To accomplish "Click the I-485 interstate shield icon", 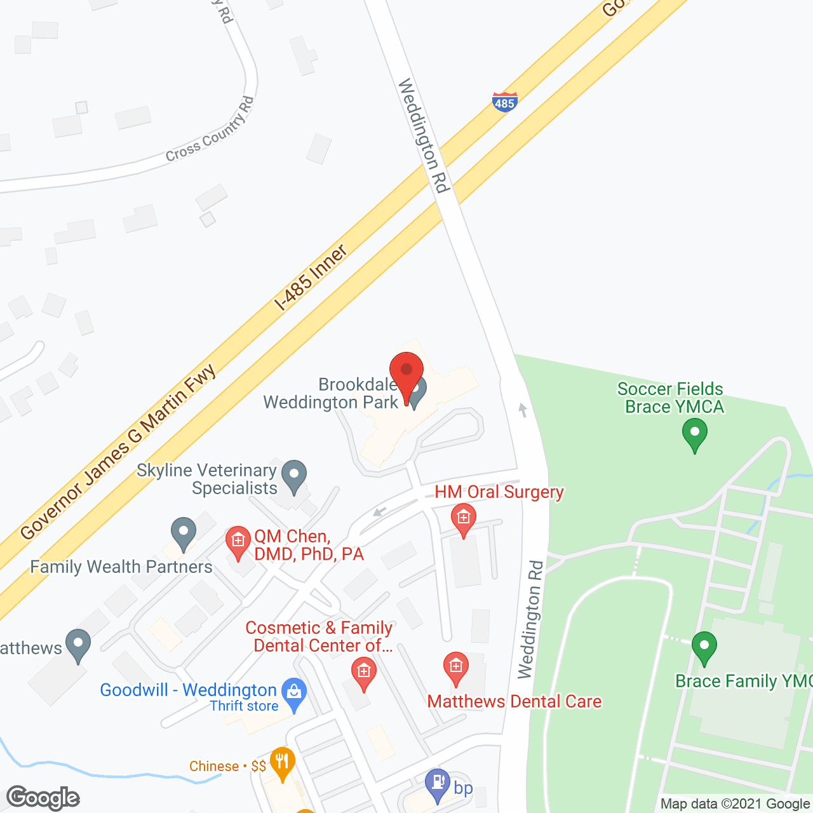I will (x=504, y=102).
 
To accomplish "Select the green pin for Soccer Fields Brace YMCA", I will (x=695, y=436).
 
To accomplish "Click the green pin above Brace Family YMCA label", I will (x=704, y=647).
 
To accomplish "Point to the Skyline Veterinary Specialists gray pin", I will (x=294, y=476).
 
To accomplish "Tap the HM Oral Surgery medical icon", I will (x=464, y=520).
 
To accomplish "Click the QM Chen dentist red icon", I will (x=238, y=542).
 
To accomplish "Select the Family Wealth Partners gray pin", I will (x=184, y=534).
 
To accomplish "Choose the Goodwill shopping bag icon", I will (x=294, y=694).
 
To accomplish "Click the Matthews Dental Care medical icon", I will (x=456, y=668).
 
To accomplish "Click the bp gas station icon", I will (x=438, y=784).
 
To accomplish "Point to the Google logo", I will (x=43, y=798).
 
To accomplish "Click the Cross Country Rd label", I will (x=210, y=130).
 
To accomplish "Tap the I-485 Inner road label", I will (x=311, y=278).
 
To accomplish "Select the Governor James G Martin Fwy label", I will (x=118, y=452).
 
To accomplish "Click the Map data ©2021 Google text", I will (x=735, y=804).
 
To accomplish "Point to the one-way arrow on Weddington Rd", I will (x=523, y=410).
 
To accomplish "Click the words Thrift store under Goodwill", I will (x=244, y=706).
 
